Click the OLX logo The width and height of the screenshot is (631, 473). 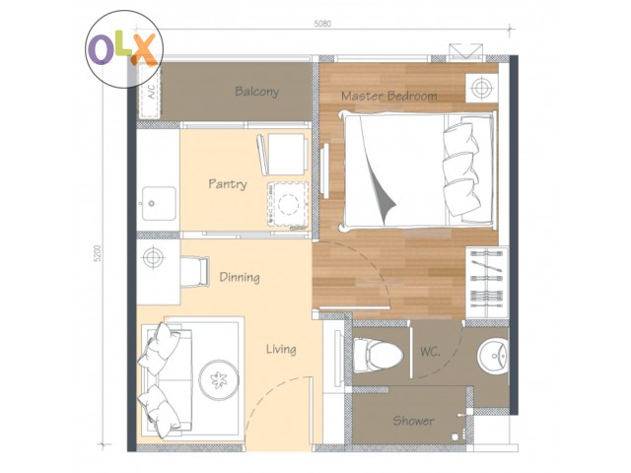(124, 49)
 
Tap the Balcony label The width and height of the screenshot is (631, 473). (256, 92)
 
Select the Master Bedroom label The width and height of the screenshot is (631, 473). (389, 96)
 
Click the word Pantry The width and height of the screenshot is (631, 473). (228, 184)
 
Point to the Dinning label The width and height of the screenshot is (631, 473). (240, 277)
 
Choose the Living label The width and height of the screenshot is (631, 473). (281, 349)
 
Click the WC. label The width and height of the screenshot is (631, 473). (430, 352)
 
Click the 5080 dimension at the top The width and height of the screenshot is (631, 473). (322, 24)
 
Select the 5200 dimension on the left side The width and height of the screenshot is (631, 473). (98, 253)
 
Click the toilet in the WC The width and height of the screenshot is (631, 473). (378, 356)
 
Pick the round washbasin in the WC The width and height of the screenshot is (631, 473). (492, 356)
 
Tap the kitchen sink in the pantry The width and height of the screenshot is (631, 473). (159, 203)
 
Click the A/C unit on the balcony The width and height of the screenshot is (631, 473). (150, 92)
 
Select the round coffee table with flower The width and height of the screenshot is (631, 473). (219, 379)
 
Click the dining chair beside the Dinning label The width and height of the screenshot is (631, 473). (195, 272)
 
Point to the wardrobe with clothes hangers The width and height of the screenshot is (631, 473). (487, 278)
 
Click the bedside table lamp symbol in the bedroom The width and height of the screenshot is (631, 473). (481, 88)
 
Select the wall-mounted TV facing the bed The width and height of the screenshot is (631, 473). (324, 170)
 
